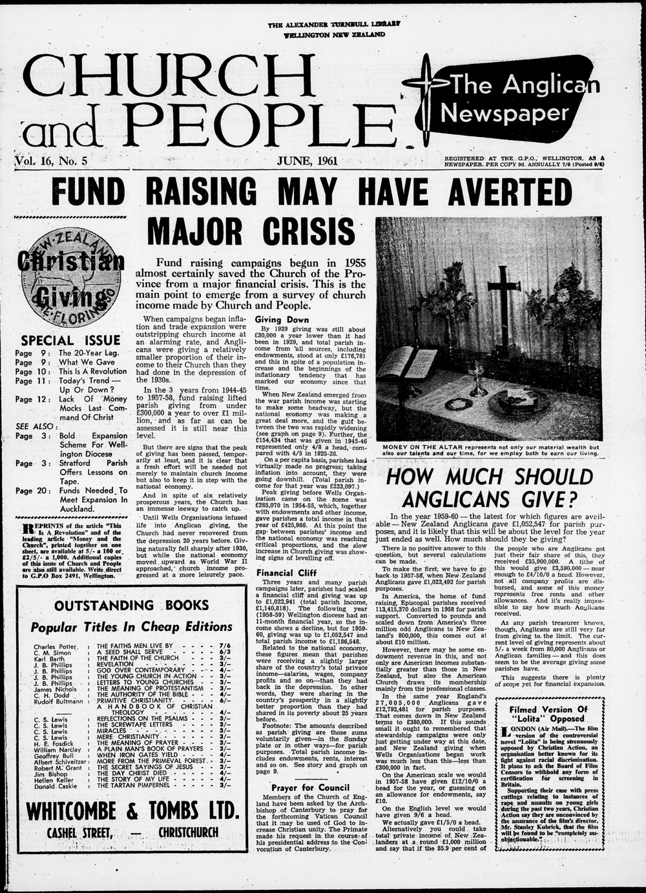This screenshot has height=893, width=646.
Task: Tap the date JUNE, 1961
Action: [x=311, y=161]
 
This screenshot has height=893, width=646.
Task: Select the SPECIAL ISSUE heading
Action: [x=70, y=340]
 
